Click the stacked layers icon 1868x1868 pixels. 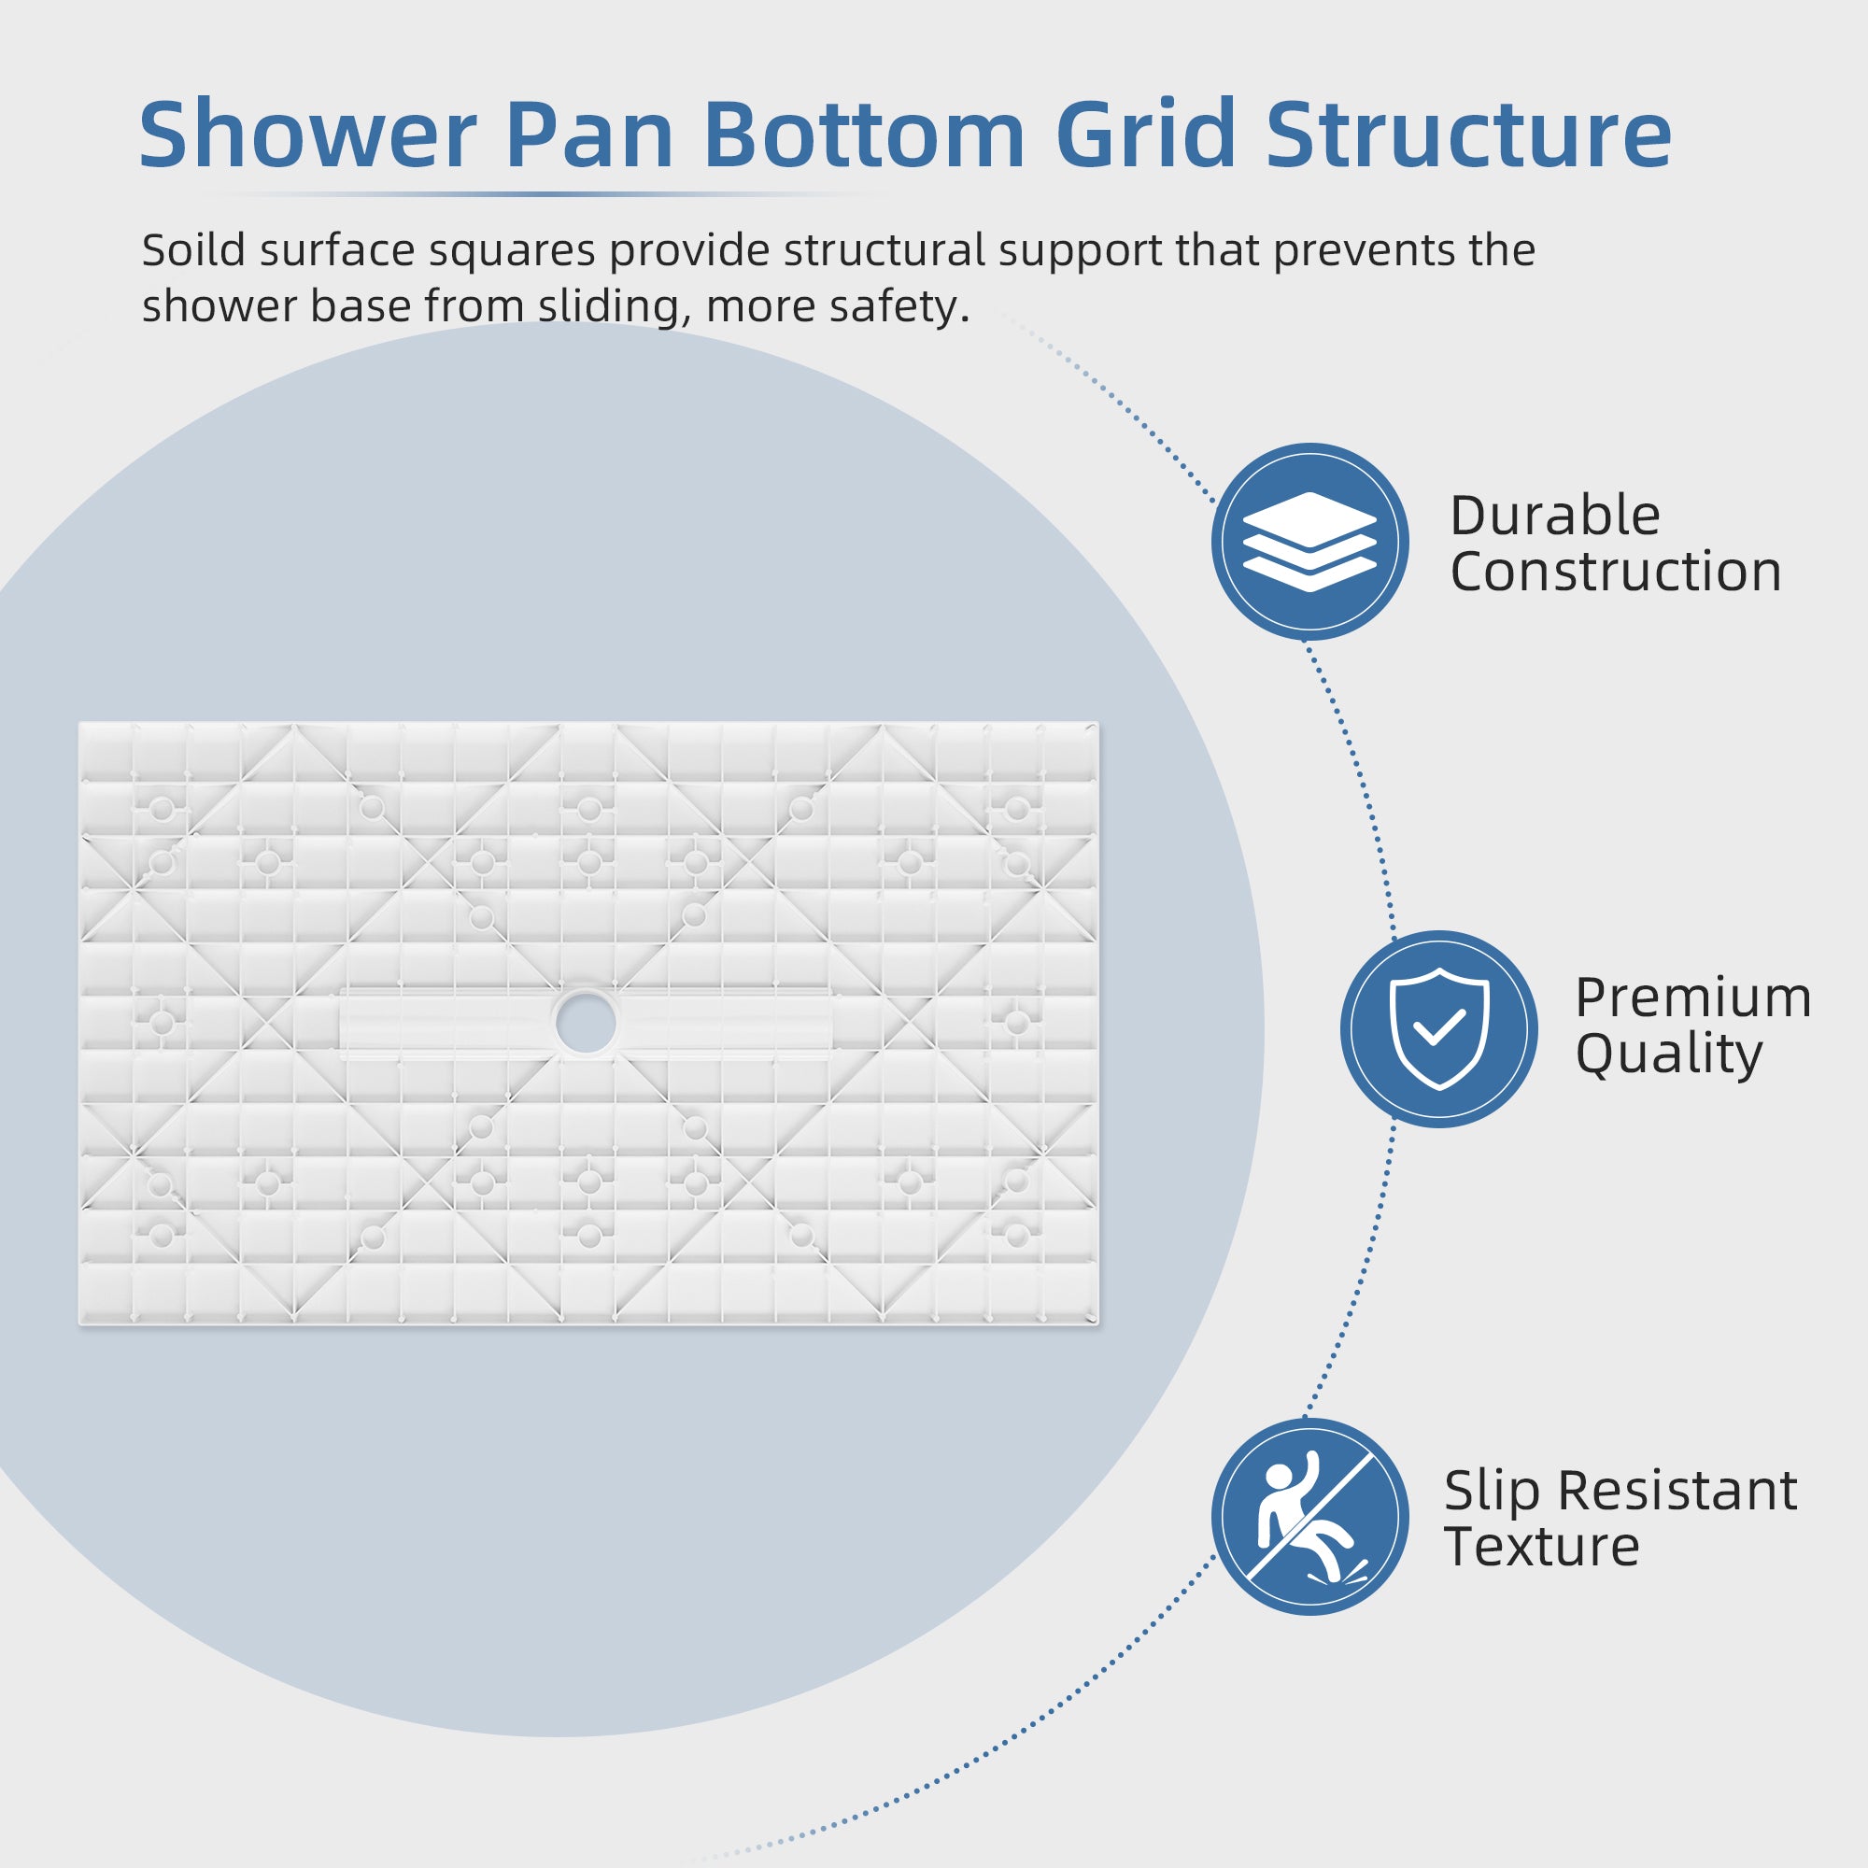click(x=1309, y=542)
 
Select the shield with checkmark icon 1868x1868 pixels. click(x=1438, y=1028)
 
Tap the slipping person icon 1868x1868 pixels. click(x=1309, y=1516)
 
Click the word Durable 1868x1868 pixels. click(x=1555, y=516)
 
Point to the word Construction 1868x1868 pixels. click(x=1616, y=572)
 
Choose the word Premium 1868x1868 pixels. click(x=1693, y=998)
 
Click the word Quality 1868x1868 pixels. click(x=1669, y=1054)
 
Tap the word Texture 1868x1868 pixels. click(x=1541, y=1547)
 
